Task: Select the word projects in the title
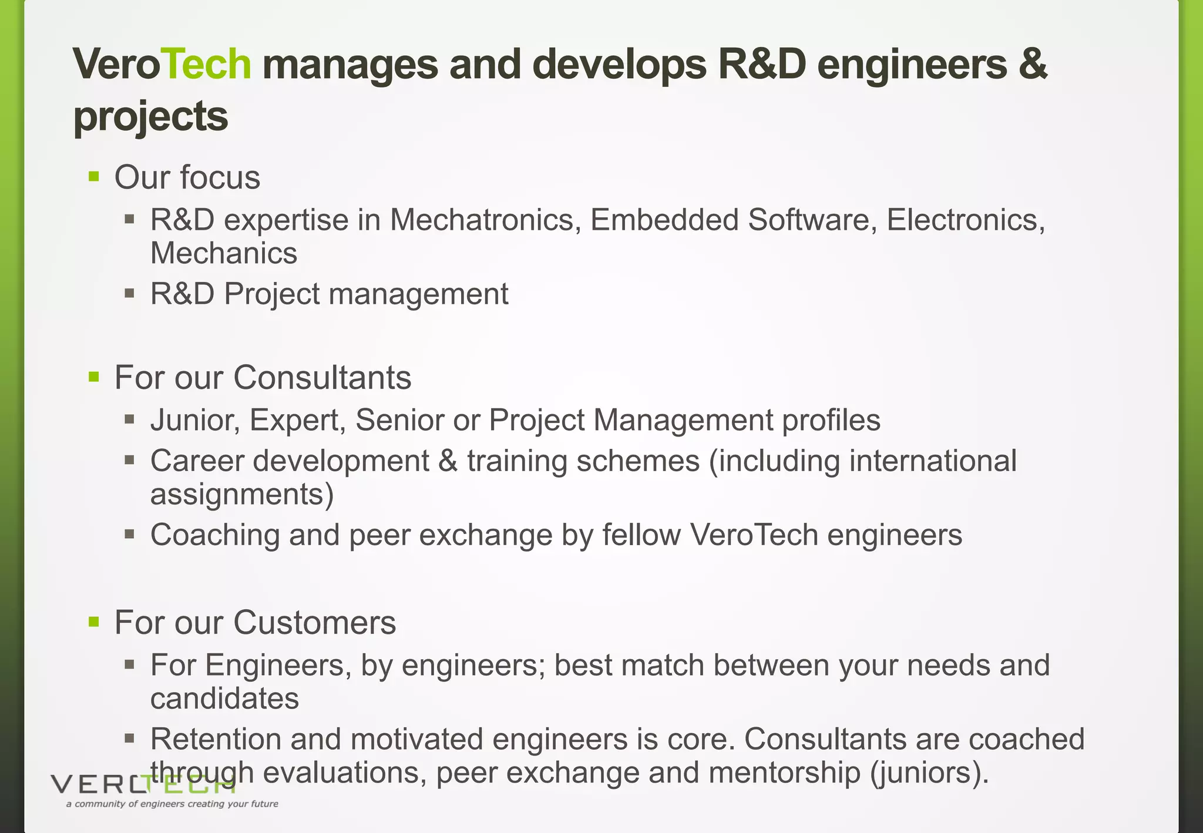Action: [150, 116]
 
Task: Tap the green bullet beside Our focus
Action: [94, 176]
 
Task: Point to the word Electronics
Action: [965, 220]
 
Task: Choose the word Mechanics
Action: [224, 254]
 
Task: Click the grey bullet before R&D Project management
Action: [130, 293]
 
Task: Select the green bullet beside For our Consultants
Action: [94, 376]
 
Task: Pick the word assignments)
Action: [242, 495]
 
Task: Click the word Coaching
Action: [215, 535]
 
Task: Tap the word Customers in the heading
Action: [314, 622]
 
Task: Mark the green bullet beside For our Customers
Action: [94, 622]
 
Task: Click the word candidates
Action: [224, 699]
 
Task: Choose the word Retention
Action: [216, 739]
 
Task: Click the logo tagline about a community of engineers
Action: [172, 804]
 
